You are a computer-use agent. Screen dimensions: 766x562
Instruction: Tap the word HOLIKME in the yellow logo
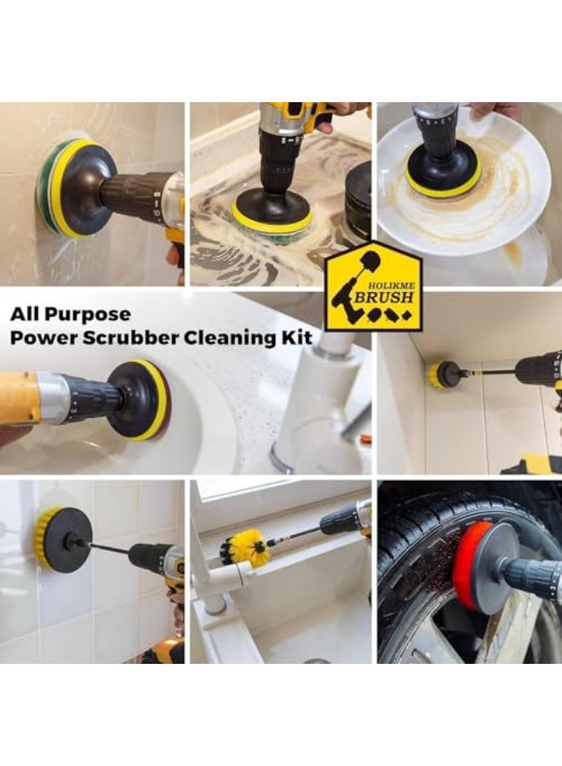389,285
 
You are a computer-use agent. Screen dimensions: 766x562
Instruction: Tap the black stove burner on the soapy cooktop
358,200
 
